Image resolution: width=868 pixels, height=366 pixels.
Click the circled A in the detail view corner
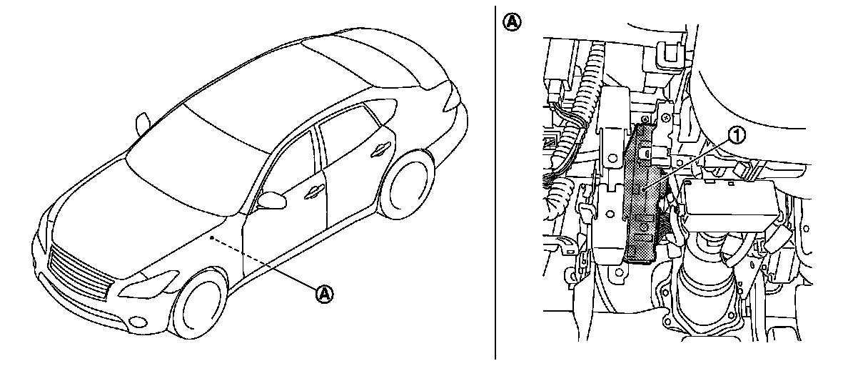[512, 21]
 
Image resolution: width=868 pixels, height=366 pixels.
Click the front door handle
[313, 191]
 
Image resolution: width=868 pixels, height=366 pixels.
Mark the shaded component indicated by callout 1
[646, 193]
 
